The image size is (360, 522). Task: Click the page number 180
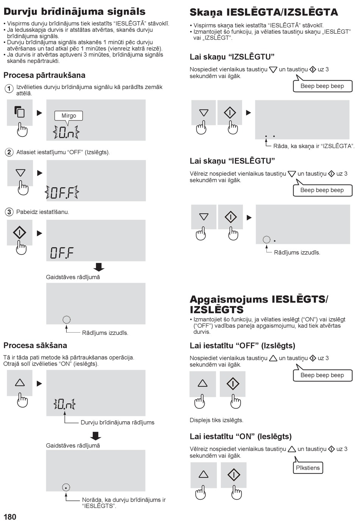pyautogui.click(x=10, y=517)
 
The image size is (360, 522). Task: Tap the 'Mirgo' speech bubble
pyautogui.click(x=69, y=116)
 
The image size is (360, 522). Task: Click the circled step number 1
pyautogui.click(x=9, y=89)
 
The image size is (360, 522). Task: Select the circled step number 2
pyautogui.click(x=9, y=152)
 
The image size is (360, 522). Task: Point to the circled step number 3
pyautogui.click(x=9, y=212)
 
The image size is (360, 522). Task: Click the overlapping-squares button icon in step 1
pyautogui.click(x=20, y=111)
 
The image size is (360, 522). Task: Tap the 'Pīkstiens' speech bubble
pyautogui.click(x=308, y=467)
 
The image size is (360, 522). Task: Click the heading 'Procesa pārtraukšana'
pyautogui.click(x=44, y=75)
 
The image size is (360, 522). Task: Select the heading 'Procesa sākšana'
pyautogui.click(x=35, y=345)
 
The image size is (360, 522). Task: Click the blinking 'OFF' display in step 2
pyautogui.click(x=62, y=192)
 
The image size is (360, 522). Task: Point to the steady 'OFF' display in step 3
pyautogui.click(x=62, y=253)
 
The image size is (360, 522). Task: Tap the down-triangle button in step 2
pyautogui.click(x=20, y=173)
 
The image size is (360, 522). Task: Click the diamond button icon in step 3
pyautogui.click(x=20, y=232)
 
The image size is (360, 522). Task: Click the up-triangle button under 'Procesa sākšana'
pyautogui.click(x=20, y=383)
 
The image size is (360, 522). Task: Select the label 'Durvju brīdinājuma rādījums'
pyautogui.click(x=117, y=422)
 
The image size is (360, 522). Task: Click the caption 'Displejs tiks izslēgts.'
pyautogui.click(x=216, y=420)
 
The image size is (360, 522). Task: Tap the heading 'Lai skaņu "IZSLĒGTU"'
pyautogui.click(x=232, y=56)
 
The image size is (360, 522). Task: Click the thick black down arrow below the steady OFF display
pyautogui.click(x=99, y=267)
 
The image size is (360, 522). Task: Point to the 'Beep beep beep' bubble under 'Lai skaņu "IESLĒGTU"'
pyautogui.click(x=322, y=190)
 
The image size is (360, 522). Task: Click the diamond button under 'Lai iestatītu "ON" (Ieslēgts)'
pyautogui.click(x=234, y=475)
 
